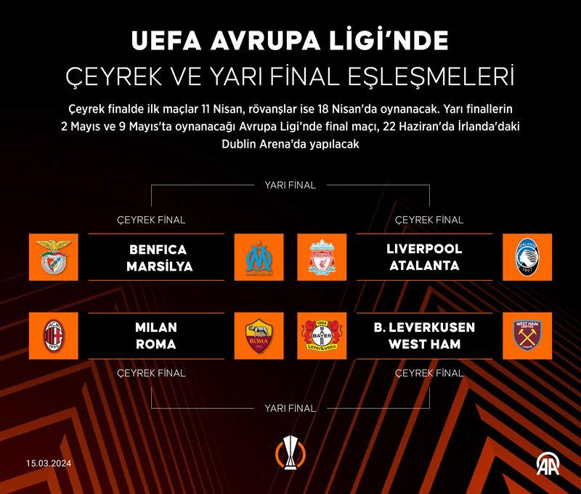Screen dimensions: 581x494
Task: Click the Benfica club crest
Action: [x=54, y=258]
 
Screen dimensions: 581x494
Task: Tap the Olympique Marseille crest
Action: [x=259, y=258]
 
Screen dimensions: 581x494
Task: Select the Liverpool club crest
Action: [x=322, y=258]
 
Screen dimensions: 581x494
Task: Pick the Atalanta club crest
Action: [x=527, y=258]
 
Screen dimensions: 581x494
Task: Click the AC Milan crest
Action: [x=54, y=336]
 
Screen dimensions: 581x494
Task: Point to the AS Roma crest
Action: [x=259, y=336]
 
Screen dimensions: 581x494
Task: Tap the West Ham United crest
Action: [x=527, y=335]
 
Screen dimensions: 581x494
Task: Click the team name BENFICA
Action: [x=158, y=250]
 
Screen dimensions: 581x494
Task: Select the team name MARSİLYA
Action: [x=160, y=266]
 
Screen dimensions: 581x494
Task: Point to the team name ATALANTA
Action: [x=424, y=266]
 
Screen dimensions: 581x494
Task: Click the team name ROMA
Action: [x=156, y=344]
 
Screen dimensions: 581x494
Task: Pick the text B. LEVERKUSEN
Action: [x=424, y=327]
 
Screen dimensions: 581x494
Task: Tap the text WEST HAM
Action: [x=424, y=344]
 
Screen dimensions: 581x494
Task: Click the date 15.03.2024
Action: [x=49, y=463]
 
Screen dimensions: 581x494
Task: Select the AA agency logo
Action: [x=548, y=463]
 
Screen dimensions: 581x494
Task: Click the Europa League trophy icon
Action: [x=290, y=453]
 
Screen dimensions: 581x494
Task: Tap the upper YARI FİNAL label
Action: [x=290, y=186]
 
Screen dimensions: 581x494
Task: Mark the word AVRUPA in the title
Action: [x=265, y=41]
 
